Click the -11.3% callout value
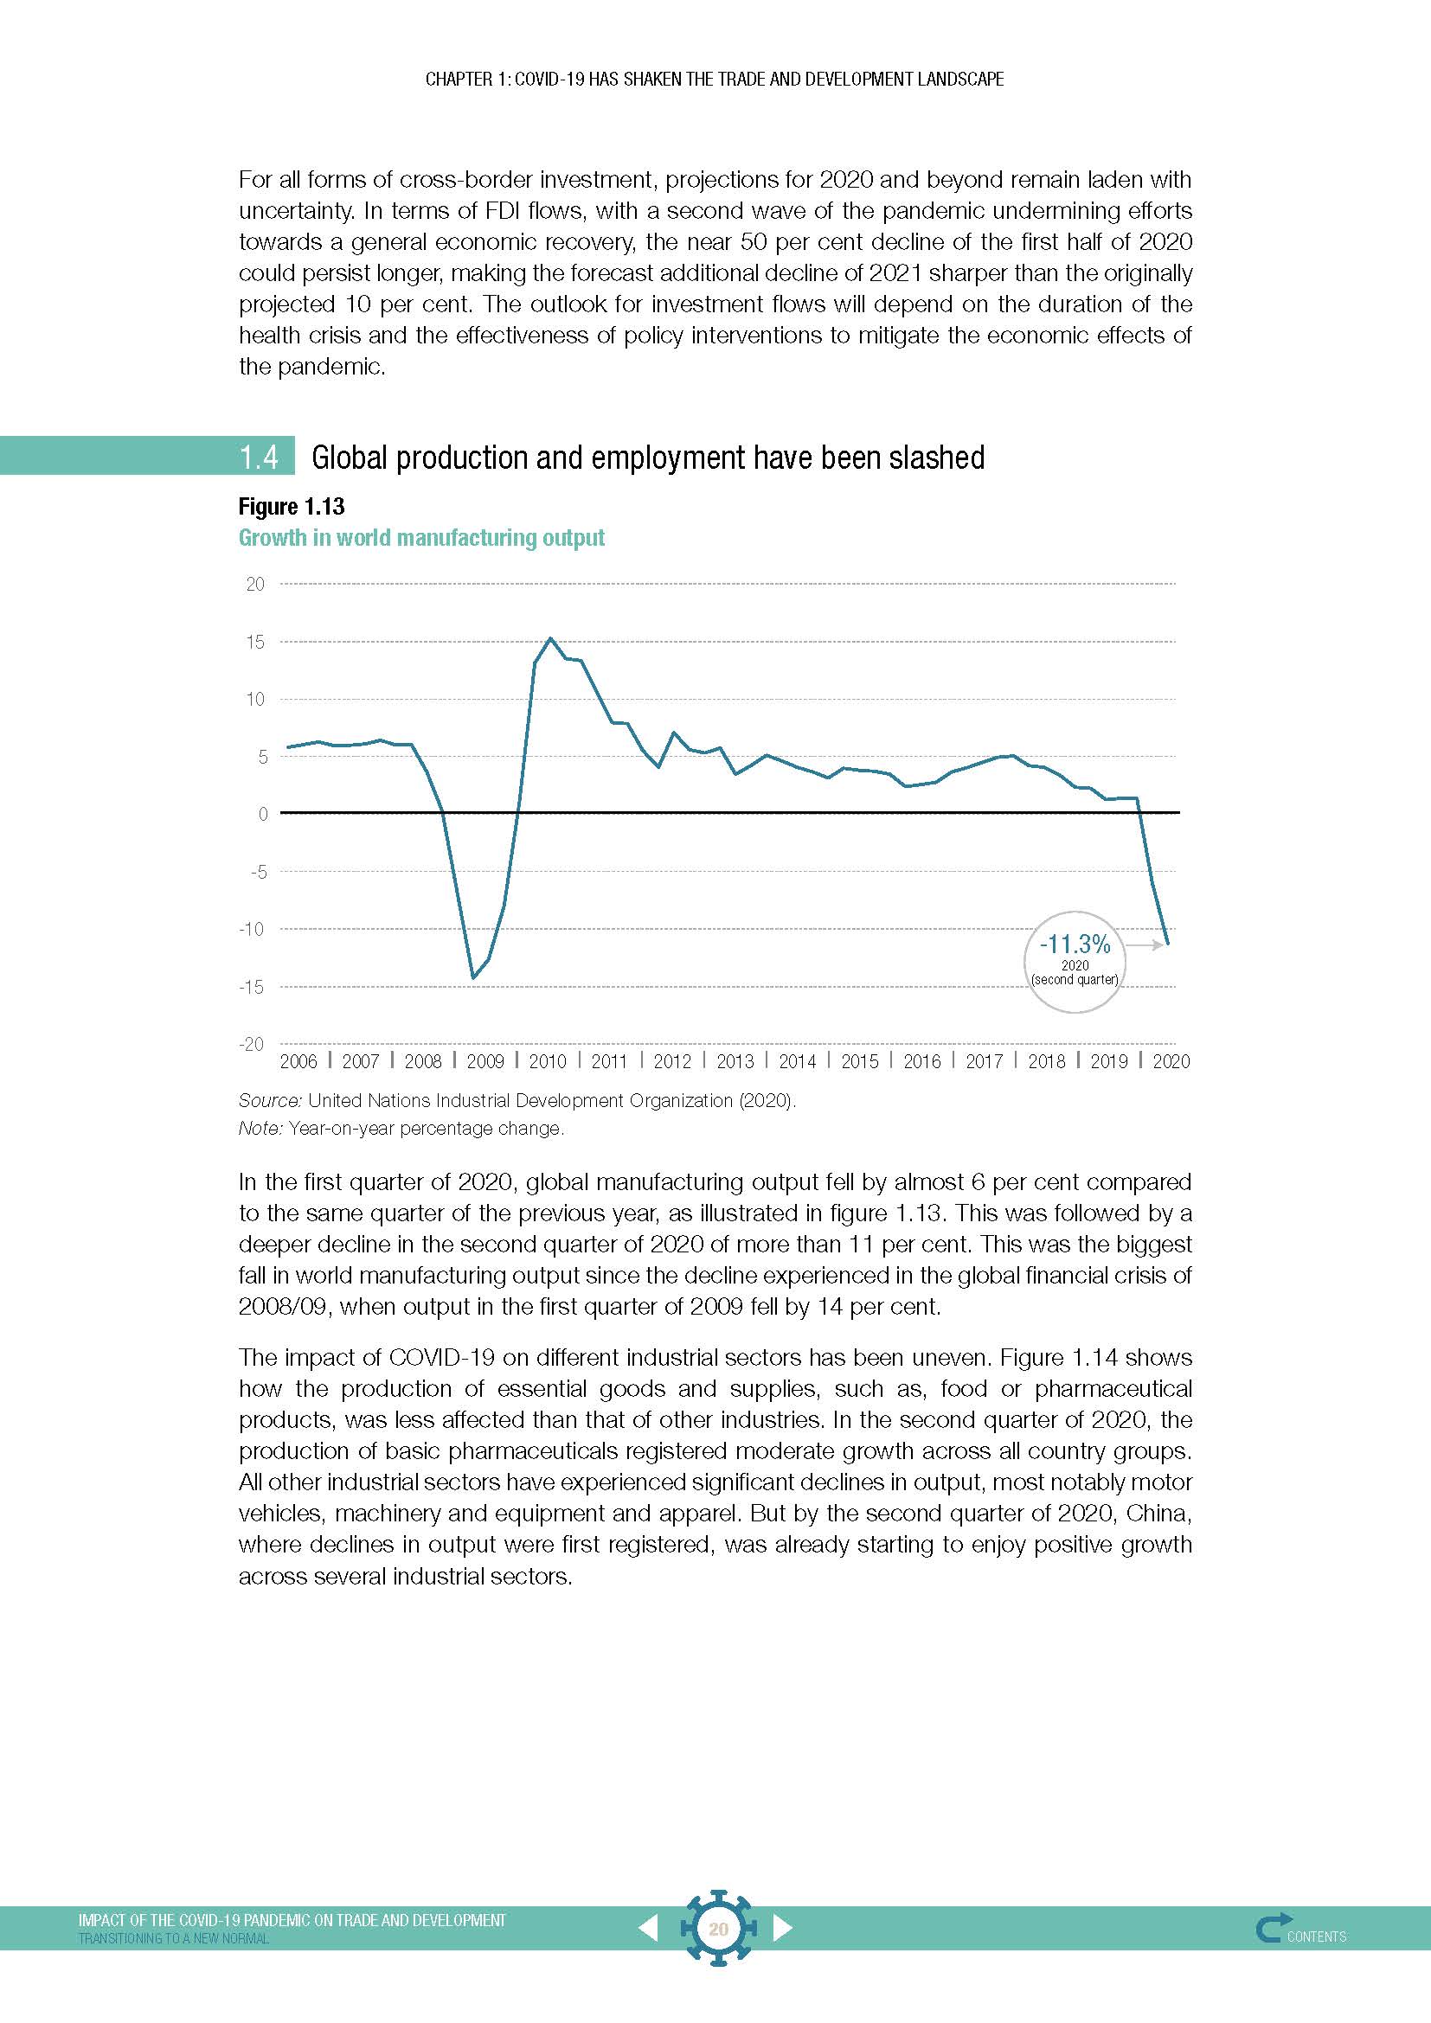click(1075, 944)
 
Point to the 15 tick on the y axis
click(254, 642)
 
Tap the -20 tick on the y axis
click(251, 1044)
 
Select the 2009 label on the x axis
click(484, 1062)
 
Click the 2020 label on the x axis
click(1171, 1062)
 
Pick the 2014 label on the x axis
click(797, 1062)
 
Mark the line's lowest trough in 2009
click(473, 977)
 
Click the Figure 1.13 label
click(291, 507)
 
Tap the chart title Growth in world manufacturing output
click(421, 537)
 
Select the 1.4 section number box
click(259, 457)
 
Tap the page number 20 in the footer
click(718, 1929)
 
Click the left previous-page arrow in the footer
click(648, 1928)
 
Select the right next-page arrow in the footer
click(782, 1928)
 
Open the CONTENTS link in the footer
click(1316, 1937)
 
